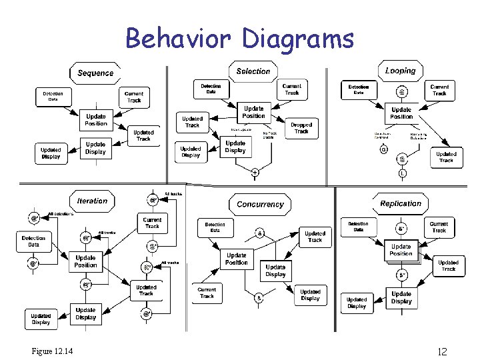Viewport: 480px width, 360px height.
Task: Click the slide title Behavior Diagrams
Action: click(239, 39)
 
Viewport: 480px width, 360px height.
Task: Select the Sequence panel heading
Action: click(95, 73)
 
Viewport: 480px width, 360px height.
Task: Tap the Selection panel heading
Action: click(253, 71)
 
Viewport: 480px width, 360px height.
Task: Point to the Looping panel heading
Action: click(400, 70)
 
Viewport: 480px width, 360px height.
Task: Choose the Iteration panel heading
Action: click(92, 201)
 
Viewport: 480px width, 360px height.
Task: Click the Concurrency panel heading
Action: click(259, 205)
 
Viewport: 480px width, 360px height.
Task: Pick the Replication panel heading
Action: click(400, 203)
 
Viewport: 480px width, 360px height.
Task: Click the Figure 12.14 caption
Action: click(52, 351)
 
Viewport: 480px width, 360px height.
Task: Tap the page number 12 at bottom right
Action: click(441, 351)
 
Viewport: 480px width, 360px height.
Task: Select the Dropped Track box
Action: click(301, 128)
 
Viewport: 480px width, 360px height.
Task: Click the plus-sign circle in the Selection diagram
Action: click(255, 173)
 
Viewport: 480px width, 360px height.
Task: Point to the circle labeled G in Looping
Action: click(383, 150)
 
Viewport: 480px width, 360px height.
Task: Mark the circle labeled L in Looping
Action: click(403, 173)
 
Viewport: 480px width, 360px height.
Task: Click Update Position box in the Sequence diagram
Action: click(95, 119)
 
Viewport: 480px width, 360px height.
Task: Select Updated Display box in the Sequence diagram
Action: click(51, 153)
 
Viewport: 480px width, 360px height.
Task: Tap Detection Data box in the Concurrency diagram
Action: click(215, 228)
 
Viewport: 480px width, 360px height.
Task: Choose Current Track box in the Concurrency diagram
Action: click(207, 293)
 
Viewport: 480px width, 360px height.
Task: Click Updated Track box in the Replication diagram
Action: click(448, 265)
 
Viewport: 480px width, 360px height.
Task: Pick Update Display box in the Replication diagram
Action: click(401, 297)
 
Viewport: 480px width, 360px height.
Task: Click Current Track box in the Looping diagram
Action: click(439, 90)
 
